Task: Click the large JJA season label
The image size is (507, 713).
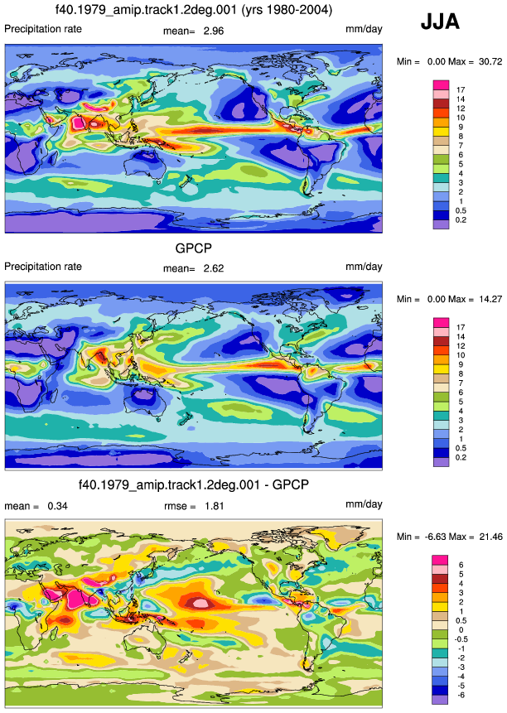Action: click(440, 22)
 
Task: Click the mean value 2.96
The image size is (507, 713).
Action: click(214, 31)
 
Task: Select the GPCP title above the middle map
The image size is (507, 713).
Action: click(194, 248)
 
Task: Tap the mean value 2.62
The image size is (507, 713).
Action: click(214, 268)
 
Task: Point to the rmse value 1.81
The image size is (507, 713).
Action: click(214, 506)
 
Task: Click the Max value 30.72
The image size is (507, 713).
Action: click(490, 61)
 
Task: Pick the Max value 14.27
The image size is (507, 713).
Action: click(490, 299)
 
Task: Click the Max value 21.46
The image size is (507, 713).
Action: click(491, 537)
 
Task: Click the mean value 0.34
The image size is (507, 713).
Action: click(58, 506)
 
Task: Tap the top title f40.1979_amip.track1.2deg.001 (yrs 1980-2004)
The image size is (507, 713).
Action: click(194, 10)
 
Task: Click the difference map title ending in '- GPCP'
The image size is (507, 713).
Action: click(194, 484)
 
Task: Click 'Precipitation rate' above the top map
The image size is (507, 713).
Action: click(43, 29)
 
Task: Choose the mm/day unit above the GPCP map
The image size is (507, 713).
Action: click(364, 267)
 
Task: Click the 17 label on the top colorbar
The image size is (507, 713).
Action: click(461, 90)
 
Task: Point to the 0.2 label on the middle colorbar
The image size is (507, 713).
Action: click(461, 457)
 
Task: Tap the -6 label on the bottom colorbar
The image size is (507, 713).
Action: click(461, 696)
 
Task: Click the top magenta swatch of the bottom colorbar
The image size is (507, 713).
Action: click(440, 560)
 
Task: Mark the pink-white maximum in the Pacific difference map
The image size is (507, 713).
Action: click(200, 603)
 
